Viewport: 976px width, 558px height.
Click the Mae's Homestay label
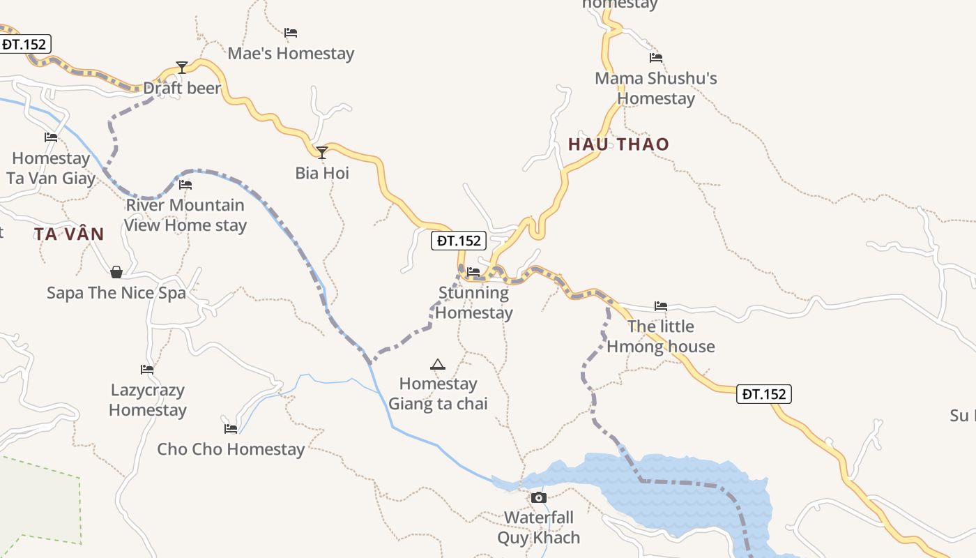tap(291, 54)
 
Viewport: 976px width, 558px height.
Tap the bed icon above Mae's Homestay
tap(291, 33)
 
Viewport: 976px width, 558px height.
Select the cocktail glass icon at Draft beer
tap(182, 68)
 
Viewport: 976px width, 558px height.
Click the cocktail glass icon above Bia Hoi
tap(322, 152)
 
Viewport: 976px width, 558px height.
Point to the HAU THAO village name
tap(618, 144)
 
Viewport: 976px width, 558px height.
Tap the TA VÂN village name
tap(69, 234)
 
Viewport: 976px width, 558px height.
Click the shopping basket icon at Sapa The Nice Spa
tap(116, 271)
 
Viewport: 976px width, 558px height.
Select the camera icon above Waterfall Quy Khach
tap(539, 497)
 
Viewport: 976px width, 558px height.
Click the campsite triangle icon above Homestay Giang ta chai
tap(438, 364)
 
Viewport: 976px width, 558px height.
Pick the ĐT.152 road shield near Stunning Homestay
tap(459, 241)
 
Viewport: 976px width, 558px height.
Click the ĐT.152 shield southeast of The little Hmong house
tap(764, 394)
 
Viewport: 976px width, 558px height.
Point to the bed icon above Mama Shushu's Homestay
tap(656, 58)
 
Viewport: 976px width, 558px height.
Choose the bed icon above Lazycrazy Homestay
tap(147, 370)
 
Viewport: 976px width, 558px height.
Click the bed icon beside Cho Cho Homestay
tap(231, 428)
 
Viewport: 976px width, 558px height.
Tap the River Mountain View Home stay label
tap(185, 215)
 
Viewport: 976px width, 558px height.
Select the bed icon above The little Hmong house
tap(661, 306)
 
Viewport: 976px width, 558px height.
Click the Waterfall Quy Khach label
tap(539, 527)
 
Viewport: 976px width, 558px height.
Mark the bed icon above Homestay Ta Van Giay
tap(51, 137)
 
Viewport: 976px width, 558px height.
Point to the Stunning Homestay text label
tap(474, 303)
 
